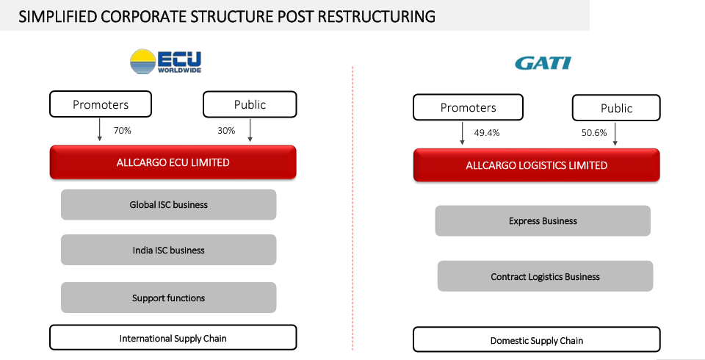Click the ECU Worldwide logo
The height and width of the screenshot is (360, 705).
pos(165,62)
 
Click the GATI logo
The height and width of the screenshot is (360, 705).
pos(543,63)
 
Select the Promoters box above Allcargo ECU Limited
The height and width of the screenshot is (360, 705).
pos(100,104)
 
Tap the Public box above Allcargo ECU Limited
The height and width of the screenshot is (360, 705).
pos(250,104)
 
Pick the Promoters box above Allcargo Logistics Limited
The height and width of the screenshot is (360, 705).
pos(469,107)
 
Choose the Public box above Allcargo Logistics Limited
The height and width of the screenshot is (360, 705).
pos(616,108)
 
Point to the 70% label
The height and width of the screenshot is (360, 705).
pos(122,131)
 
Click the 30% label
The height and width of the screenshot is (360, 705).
pos(226,131)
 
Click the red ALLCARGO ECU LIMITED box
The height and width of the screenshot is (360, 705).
pos(173,162)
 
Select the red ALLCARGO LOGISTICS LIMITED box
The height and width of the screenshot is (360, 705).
pos(536,165)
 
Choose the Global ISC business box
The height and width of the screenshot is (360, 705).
pos(168,205)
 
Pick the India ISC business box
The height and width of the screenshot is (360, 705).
pos(168,250)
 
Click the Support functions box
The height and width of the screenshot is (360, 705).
pos(168,298)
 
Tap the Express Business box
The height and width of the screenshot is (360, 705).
pos(543,220)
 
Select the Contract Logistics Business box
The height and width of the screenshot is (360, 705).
pos(545,276)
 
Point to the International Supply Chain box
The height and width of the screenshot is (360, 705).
pos(173,338)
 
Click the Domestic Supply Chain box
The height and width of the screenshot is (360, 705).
pos(536,340)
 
